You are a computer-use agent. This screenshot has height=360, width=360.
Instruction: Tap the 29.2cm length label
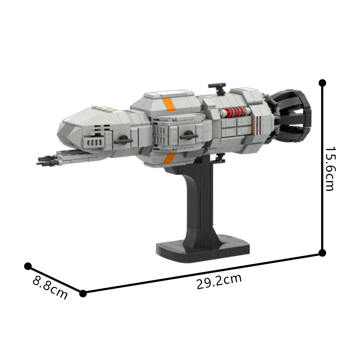click(x=219, y=281)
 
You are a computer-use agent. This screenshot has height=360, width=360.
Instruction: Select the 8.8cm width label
click(x=50, y=287)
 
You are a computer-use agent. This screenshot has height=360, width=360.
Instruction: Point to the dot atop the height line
click(x=322, y=83)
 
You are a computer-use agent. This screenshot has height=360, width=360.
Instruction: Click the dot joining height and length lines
click(x=323, y=253)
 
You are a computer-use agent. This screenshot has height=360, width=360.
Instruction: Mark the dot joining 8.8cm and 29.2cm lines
click(x=83, y=293)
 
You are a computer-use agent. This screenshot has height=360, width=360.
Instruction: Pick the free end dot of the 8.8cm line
click(x=28, y=266)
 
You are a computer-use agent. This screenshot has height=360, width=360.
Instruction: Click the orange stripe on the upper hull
click(x=168, y=104)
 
